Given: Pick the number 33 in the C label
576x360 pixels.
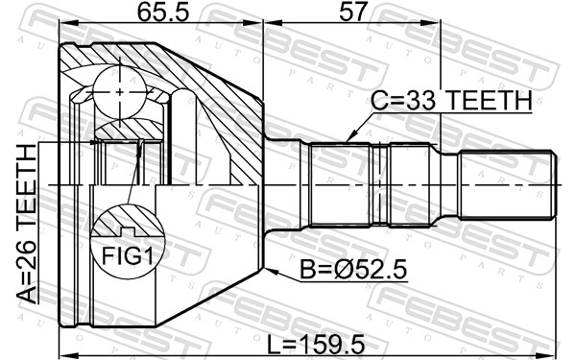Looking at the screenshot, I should pyautogui.click(x=413, y=100).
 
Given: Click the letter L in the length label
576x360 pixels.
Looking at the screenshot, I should pyautogui.click(x=272, y=340).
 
